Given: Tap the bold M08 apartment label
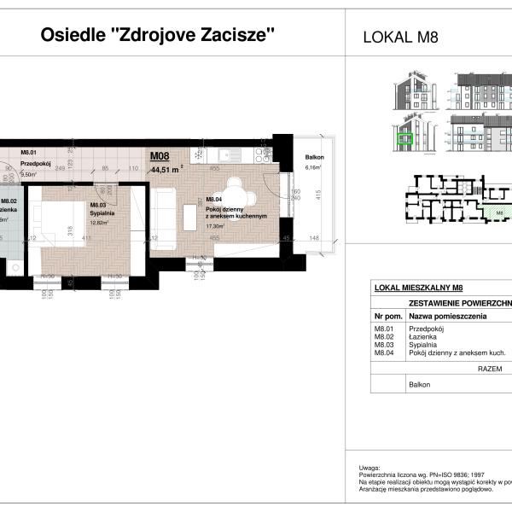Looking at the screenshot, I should pyautogui.click(x=160, y=156).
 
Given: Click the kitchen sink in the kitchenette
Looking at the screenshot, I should pyautogui.click(x=224, y=154).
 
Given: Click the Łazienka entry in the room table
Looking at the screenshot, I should pyautogui.click(x=424, y=337).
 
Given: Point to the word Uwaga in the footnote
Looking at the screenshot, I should pyautogui.click(x=369, y=468).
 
